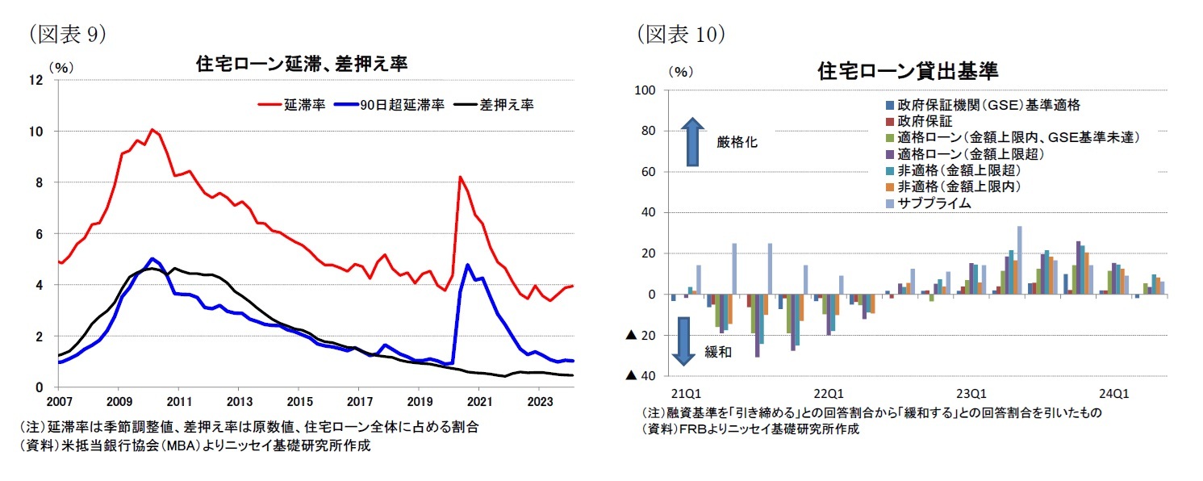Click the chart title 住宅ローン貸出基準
click(908, 72)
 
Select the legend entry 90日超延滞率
click(391, 104)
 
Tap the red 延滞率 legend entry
click(290, 104)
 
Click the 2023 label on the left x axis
click(538, 401)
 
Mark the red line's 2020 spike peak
click(460, 177)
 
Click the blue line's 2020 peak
click(467, 264)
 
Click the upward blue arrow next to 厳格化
click(692, 141)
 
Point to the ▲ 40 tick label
click(641, 376)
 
